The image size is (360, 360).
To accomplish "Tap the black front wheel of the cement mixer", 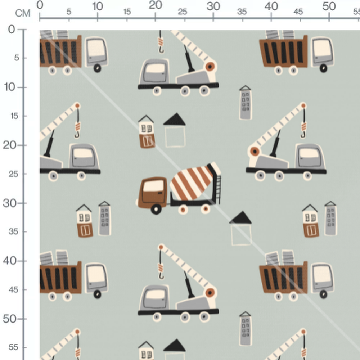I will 156,209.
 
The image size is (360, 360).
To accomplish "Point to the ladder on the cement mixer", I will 217,189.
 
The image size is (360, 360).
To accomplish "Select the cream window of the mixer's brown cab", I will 154,186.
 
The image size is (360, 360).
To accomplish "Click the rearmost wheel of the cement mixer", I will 206,208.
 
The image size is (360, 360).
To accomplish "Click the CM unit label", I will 23,14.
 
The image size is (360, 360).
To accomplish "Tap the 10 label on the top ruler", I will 98,6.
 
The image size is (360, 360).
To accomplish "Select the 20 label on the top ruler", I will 156,5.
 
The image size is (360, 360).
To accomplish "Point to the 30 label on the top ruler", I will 213,6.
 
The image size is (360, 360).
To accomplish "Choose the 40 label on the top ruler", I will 271,6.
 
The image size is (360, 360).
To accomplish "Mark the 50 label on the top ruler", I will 329,6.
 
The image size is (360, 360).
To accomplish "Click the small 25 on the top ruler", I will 183,12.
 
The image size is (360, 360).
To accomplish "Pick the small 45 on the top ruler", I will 298,12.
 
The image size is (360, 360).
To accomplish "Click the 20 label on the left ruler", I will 10,145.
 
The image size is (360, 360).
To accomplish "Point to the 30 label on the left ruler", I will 10,203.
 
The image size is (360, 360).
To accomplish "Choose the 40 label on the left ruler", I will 10,261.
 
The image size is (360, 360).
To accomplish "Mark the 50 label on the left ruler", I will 10,319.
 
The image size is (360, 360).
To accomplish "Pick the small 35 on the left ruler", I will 13,231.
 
